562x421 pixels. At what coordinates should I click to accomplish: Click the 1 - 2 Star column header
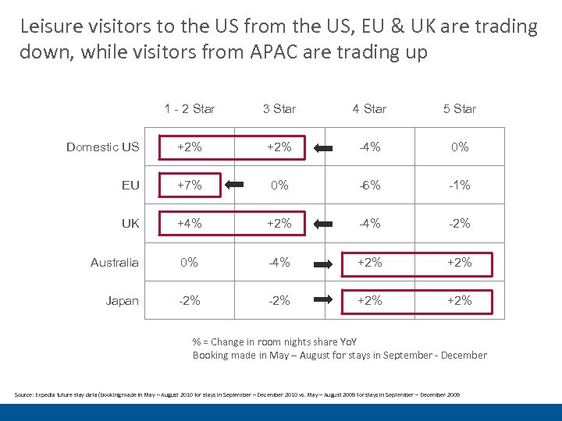189,109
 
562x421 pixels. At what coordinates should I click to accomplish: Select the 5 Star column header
459,109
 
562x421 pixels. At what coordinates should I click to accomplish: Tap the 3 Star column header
279,109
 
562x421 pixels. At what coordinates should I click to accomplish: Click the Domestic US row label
102,147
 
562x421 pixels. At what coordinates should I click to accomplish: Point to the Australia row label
114,263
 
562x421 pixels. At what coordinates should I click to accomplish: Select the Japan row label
122,301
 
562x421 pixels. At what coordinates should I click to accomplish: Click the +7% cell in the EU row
189,186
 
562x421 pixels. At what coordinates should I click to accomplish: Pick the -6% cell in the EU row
369,186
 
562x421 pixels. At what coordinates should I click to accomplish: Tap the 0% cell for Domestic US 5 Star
459,147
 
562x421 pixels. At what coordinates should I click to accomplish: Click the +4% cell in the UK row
189,224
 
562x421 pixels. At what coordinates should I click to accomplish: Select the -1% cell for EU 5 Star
459,186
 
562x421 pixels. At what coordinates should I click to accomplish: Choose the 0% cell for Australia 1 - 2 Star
189,263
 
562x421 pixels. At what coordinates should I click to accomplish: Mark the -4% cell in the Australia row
279,263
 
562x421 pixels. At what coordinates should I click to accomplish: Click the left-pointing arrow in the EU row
234,186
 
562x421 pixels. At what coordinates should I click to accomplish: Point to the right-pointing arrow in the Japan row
324,301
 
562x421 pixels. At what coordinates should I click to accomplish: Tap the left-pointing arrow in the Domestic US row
324,147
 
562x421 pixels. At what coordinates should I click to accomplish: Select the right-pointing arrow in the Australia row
324,263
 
